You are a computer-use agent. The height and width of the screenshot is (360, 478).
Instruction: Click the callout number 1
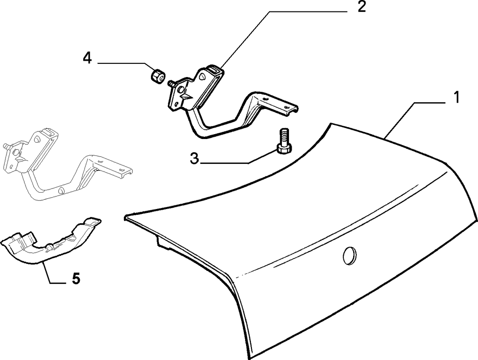pos(456,97)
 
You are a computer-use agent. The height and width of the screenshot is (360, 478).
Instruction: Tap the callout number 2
pos(362,7)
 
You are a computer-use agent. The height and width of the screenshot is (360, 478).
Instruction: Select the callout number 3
pos(194,159)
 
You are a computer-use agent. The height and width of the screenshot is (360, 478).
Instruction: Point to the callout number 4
pos(88,58)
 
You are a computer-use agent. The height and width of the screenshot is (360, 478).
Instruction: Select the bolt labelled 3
pos(284,142)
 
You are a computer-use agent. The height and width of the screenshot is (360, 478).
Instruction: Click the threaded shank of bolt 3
pos(284,137)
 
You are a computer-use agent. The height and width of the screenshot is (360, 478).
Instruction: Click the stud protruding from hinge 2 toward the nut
pos(171,83)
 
